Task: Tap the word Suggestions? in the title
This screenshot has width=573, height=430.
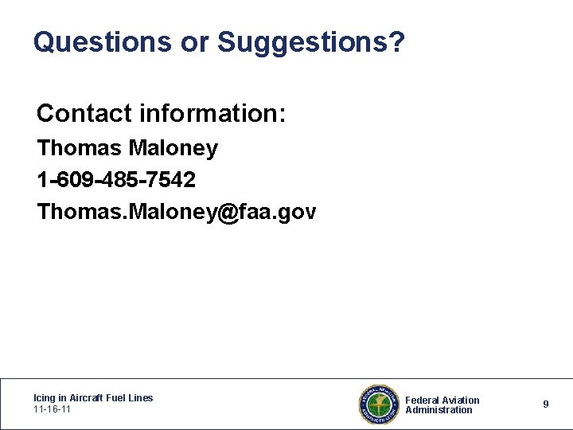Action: click(x=311, y=42)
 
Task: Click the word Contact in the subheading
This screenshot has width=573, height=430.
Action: click(x=84, y=114)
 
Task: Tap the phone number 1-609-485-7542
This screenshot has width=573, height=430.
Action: click(x=116, y=180)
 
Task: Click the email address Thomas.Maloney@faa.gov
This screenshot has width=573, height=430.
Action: click(x=177, y=212)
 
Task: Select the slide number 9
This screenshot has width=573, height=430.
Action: click(x=546, y=405)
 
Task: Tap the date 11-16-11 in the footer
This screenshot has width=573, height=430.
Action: click(x=53, y=409)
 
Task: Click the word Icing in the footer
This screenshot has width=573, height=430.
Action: click(x=44, y=398)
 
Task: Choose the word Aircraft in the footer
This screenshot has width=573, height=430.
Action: click(x=87, y=398)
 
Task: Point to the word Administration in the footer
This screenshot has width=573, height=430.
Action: click(x=439, y=410)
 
